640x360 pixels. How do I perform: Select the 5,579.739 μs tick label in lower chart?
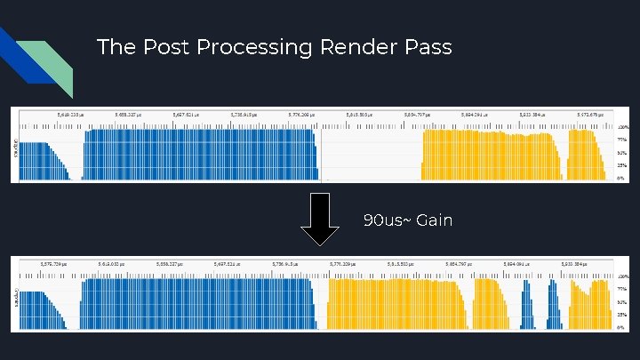[55, 264]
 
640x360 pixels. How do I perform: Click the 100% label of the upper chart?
[623, 127]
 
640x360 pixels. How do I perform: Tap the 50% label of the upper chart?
[623, 153]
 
